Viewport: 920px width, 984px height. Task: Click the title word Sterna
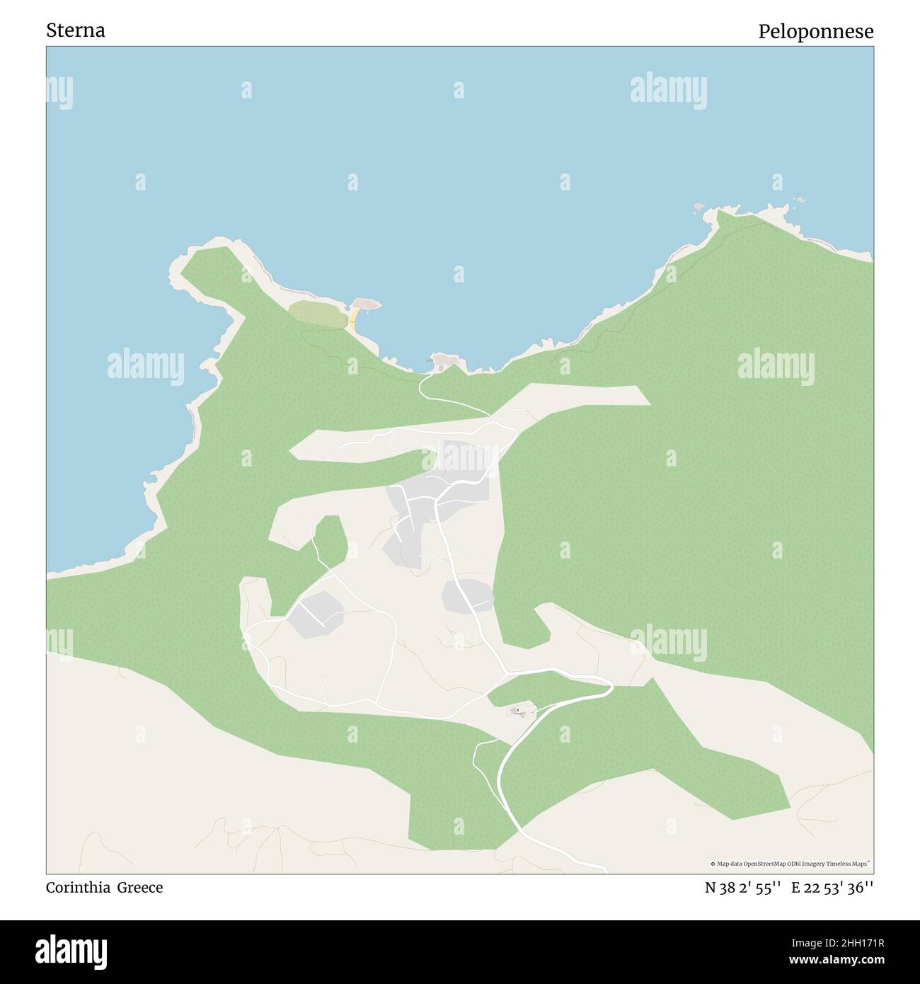pos(76,31)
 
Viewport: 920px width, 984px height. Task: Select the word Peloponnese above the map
pos(815,32)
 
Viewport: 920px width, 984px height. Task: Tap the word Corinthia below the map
pos(78,888)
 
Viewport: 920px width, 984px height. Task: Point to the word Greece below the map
pos(140,888)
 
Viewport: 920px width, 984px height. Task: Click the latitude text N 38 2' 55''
pos(742,888)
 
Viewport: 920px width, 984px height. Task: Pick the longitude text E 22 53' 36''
pos(832,888)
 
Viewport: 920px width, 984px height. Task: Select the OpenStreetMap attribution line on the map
pos(790,864)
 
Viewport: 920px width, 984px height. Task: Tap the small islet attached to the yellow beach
pos(366,304)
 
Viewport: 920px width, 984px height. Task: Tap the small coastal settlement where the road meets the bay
pos(445,362)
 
